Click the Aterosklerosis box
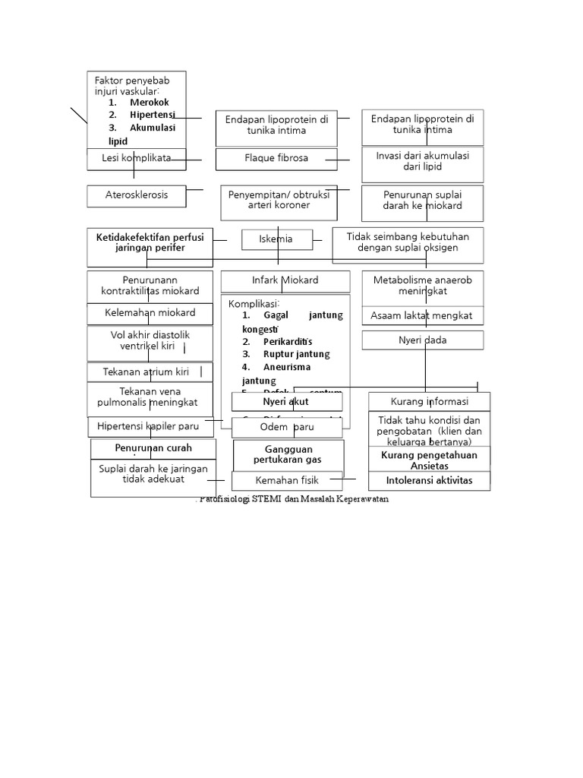click(x=136, y=196)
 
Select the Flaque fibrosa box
click(x=276, y=159)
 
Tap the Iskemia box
click(x=276, y=239)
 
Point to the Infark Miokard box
click(x=285, y=280)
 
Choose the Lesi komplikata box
click(x=136, y=158)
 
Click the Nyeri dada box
click(x=422, y=340)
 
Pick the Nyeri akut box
click(x=286, y=401)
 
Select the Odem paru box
click(x=287, y=428)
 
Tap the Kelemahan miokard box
click(x=150, y=313)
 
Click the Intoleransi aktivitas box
click(x=428, y=480)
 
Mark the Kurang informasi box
click(x=429, y=401)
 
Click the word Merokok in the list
click(x=149, y=103)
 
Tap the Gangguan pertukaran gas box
click(x=288, y=455)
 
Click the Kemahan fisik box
click(x=287, y=480)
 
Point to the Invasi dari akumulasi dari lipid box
click(x=422, y=160)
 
